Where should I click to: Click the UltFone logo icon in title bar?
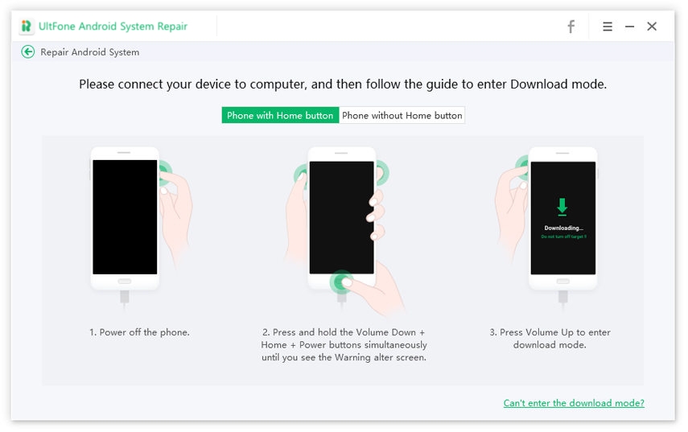pos(27,27)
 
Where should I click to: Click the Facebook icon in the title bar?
pos(571,27)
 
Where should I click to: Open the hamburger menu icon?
pos(608,27)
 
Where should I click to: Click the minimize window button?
pos(629,27)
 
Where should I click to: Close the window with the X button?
pos(652,27)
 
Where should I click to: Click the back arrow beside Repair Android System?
pos(28,52)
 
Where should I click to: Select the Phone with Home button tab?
pos(280,115)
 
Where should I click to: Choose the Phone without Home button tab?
pos(402,115)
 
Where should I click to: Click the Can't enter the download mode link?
pos(574,403)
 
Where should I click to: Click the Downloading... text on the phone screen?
pos(562,228)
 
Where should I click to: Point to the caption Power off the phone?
pos(139,332)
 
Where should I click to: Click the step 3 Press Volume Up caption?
pos(550,338)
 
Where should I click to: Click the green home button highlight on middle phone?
pos(342,281)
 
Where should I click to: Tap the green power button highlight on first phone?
pos(164,170)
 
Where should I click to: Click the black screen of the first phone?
pos(125,217)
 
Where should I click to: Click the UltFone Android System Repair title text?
pos(113,27)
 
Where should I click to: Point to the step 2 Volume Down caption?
pos(344,344)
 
